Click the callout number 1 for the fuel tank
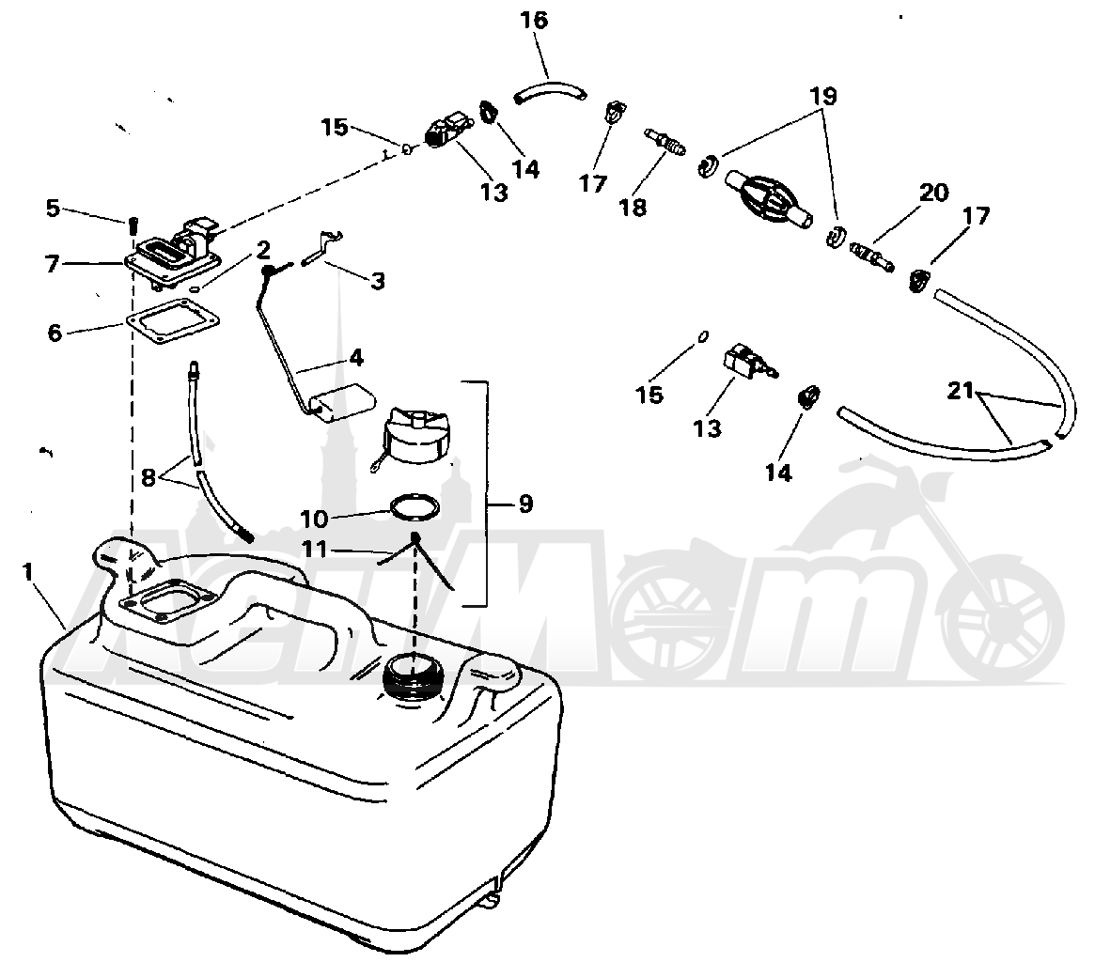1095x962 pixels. click(28, 573)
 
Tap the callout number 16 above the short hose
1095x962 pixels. click(534, 21)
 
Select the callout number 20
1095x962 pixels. click(934, 193)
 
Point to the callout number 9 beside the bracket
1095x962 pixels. click(525, 504)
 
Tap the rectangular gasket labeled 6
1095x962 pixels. click(173, 322)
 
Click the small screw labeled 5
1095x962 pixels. click(133, 228)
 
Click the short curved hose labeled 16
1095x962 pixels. click(550, 92)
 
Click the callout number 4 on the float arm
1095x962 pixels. click(356, 358)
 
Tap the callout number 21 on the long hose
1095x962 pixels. click(961, 391)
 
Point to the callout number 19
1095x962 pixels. click(823, 96)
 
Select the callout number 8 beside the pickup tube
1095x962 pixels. click(149, 478)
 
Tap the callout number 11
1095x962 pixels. click(314, 550)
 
